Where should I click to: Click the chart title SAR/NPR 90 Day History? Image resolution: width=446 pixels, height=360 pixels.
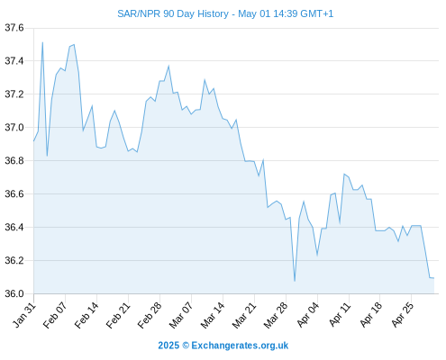coord(173,14)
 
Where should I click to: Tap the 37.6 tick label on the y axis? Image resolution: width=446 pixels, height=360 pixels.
coord(14,28)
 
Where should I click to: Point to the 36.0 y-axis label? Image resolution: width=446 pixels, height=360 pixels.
coord(14,293)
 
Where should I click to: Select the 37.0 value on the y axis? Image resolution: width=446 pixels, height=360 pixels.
coord(14,128)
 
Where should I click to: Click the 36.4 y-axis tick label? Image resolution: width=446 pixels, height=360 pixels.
coord(14,227)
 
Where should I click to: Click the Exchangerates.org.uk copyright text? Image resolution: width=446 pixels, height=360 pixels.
coord(240,346)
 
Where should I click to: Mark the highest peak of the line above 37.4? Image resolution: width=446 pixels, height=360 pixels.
coord(42,42)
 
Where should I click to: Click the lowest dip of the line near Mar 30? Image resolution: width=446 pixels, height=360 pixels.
coord(295,281)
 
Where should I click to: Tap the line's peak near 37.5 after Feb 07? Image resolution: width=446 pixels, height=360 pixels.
coord(74,44)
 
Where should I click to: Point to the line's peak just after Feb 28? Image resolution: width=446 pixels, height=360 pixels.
coord(168,66)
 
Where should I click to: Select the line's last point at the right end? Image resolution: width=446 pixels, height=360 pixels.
coord(434,278)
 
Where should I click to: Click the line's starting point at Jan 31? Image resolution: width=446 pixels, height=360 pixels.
coord(33,141)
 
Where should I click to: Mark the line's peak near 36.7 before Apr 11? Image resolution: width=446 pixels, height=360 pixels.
coord(344,174)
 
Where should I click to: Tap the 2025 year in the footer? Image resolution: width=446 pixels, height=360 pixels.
coord(168,346)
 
